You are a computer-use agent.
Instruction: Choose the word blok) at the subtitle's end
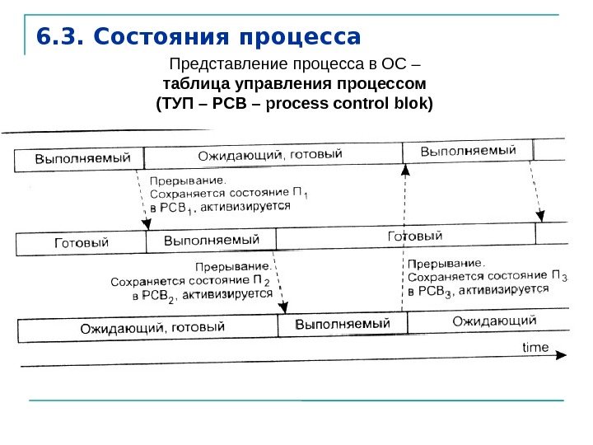[x=412, y=105]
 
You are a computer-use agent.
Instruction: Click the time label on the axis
[x=535, y=347]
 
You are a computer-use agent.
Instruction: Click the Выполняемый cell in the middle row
[x=212, y=240]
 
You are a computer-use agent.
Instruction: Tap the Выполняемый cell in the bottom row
[x=342, y=324]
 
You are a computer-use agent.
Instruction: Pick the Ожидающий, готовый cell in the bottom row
[x=152, y=327]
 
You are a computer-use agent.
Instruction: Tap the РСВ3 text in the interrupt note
[x=434, y=292]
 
